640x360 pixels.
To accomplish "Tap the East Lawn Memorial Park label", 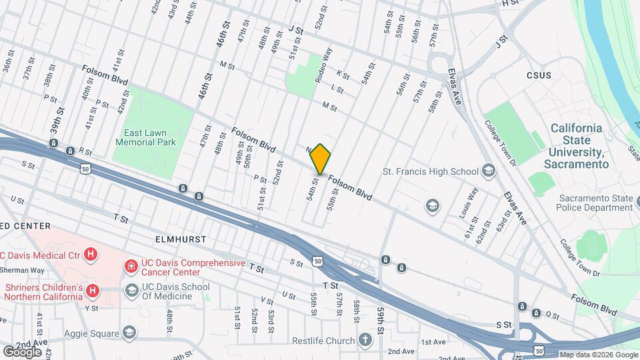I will coord(145,137).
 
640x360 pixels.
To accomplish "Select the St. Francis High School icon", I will coord(489,171).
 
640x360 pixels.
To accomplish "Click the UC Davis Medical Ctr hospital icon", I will coord(92,254).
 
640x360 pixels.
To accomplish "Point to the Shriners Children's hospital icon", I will coord(93,291).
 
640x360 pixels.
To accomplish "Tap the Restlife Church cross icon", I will coord(364,341).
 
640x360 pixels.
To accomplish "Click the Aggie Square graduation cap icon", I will coord(129,333).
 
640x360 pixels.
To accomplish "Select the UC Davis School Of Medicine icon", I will coord(131,291).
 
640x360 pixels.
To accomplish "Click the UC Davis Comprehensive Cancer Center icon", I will coord(131,267).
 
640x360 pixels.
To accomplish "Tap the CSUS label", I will coord(539,75).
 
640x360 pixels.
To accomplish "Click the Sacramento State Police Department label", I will coord(595,203).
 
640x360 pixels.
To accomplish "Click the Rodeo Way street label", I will coord(323,64).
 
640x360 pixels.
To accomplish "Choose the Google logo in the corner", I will coord(22,351).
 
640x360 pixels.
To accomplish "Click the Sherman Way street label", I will coord(22,270).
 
